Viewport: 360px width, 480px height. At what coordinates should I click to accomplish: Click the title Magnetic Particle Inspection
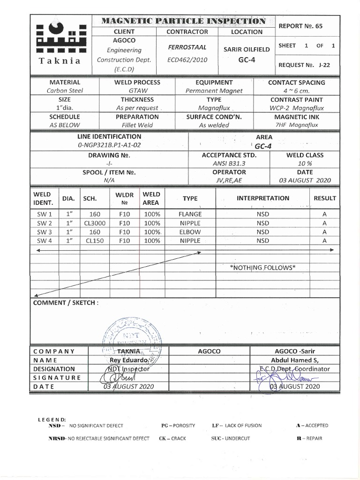[x=184, y=21]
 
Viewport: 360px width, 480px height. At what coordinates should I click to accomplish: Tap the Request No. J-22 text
[x=304, y=65]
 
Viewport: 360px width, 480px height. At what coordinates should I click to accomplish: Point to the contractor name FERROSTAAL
[x=187, y=48]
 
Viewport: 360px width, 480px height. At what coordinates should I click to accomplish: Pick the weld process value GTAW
[x=137, y=90]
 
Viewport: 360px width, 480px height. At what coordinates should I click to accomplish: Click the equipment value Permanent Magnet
[x=214, y=90]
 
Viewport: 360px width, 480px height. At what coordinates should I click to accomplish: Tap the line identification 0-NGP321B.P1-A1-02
[x=109, y=145]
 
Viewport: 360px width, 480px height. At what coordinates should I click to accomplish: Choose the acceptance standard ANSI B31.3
[x=229, y=163]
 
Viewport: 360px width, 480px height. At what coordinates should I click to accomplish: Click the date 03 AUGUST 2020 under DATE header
[x=305, y=180]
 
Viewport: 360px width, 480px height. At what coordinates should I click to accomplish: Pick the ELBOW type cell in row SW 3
[x=190, y=232]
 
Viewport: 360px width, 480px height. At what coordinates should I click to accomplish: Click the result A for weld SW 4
[x=324, y=241]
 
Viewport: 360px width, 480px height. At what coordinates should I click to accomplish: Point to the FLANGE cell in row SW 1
[x=190, y=214]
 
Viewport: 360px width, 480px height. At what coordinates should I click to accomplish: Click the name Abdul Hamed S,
[x=295, y=360]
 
